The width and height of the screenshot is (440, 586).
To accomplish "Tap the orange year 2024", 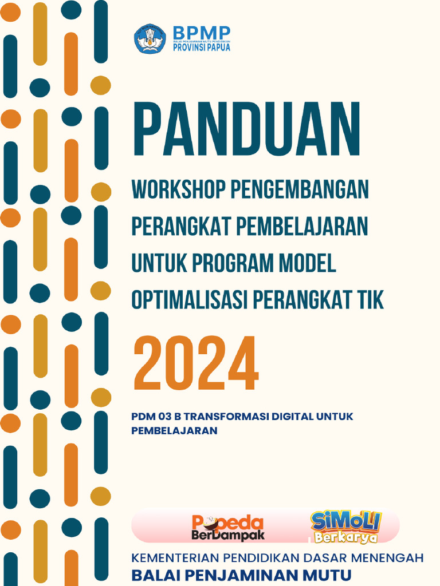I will [195, 363].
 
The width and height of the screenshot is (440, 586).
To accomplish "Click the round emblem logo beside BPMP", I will [150, 39].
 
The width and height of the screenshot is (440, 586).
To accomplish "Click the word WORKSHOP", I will [179, 189].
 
